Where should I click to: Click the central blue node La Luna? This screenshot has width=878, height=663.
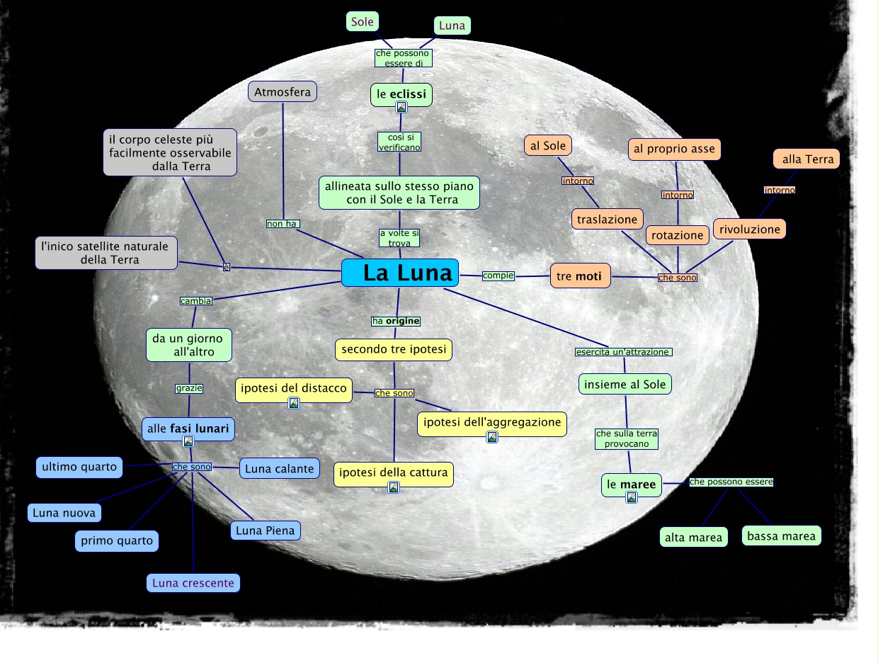(x=400, y=273)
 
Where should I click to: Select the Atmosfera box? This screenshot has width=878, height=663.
(x=283, y=92)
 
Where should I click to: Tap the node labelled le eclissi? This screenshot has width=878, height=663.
(x=401, y=93)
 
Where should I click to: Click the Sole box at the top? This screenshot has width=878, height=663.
(x=362, y=22)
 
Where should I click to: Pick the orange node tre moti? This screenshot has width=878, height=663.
(x=580, y=276)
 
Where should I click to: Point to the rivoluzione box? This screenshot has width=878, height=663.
(x=750, y=229)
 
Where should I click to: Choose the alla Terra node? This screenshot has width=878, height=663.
(x=806, y=159)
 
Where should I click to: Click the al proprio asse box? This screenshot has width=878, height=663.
(x=674, y=149)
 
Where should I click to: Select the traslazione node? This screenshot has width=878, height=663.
(x=608, y=220)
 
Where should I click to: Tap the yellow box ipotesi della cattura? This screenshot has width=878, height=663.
(x=394, y=473)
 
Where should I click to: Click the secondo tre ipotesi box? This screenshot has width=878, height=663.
(x=394, y=349)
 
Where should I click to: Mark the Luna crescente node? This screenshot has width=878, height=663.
(x=193, y=584)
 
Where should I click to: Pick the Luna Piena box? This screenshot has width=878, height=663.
(x=266, y=531)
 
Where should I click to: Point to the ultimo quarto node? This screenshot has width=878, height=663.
(x=79, y=467)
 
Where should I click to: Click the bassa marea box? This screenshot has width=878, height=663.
(x=782, y=536)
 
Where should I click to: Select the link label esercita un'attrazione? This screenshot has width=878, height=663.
(x=623, y=352)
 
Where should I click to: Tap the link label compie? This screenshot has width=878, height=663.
(x=498, y=276)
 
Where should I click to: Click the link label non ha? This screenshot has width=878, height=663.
(x=283, y=224)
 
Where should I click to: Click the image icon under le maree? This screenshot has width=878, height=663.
(x=632, y=497)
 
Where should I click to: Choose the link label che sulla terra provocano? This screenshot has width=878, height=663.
(x=627, y=438)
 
